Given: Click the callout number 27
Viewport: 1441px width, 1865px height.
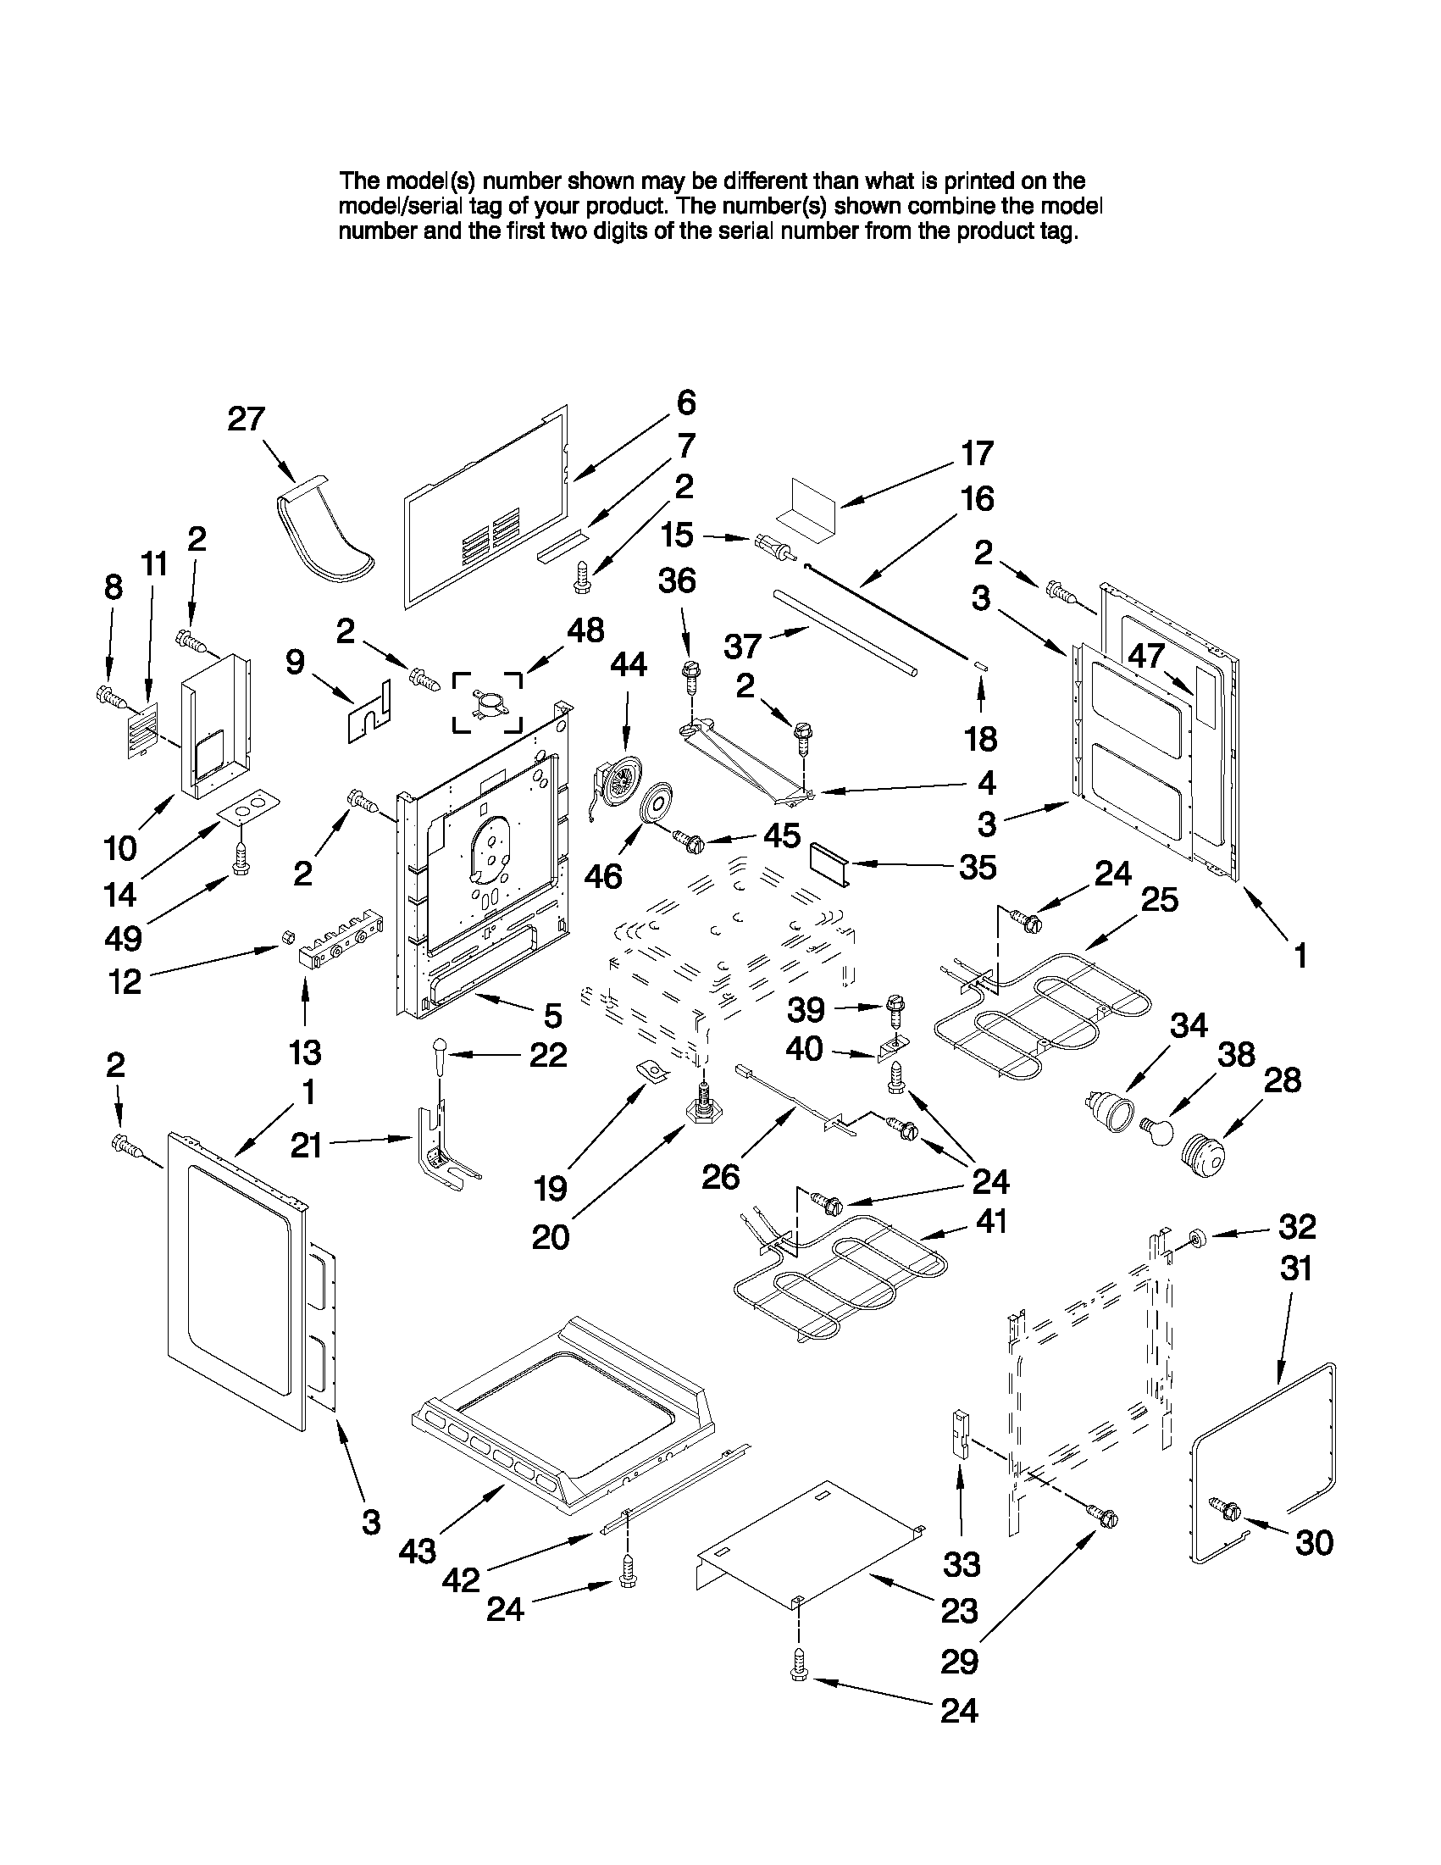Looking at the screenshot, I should pyautogui.click(x=247, y=419).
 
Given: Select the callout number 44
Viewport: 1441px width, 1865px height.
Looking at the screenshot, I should pyautogui.click(x=628, y=664).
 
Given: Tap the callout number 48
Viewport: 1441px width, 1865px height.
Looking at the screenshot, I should pyautogui.click(x=585, y=630).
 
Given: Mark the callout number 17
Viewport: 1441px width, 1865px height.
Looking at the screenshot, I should pyautogui.click(x=978, y=453).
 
